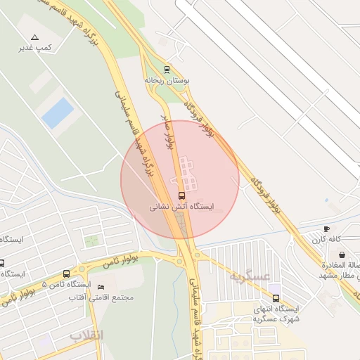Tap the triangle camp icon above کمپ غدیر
35,37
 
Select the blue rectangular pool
57,112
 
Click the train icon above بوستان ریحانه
167,69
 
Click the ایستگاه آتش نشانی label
182,208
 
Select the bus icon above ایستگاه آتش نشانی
182,195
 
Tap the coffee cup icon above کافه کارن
326,229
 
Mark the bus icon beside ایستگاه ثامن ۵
67,274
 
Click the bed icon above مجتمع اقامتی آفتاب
101,287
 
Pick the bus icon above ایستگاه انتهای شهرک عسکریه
276,298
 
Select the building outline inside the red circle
187,172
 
